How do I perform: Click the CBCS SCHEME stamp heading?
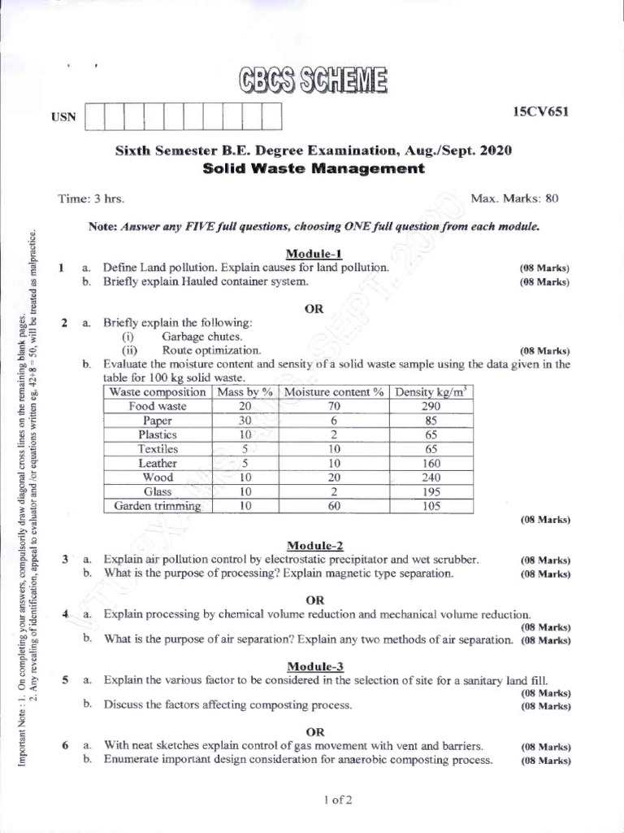(x=313, y=81)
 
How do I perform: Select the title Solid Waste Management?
(x=313, y=169)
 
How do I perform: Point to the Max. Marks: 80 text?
(x=514, y=198)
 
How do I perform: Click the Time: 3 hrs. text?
(x=91, y=198)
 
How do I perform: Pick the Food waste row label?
(x=158, y=406)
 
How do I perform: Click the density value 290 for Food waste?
(x=431, y=406)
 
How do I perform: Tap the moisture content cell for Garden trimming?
(x=334, y=506)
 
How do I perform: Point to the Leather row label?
(x=158, y=463)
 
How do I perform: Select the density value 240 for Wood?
(x=431, y=478)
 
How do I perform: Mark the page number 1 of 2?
(x=337, y=800)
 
